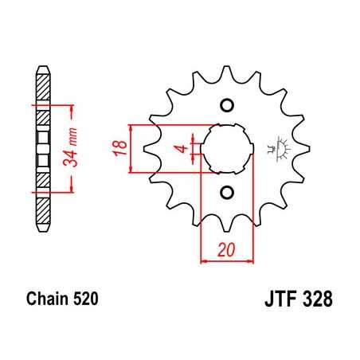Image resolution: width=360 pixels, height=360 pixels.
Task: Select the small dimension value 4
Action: tap(182, 148)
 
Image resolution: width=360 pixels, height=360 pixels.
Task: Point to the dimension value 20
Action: tap(226, 249)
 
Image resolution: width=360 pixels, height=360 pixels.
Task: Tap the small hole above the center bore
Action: tap(226, 106)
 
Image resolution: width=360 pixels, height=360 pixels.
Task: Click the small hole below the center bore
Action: tap(226, 191)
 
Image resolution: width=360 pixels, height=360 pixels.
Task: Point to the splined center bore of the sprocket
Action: tap(226, 148)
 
